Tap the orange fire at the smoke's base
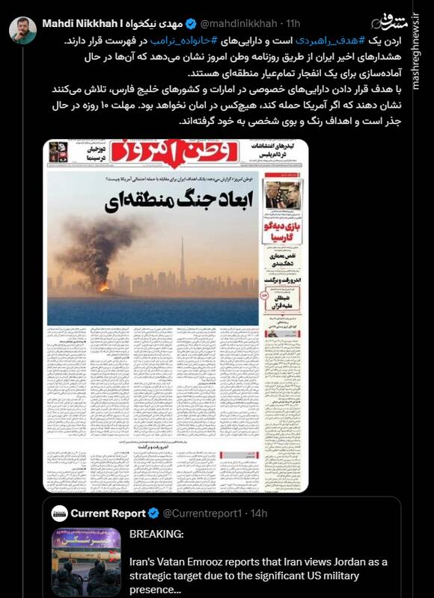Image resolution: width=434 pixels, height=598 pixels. (x=104, y=286)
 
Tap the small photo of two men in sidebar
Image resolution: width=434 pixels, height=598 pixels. (x=284, y=195)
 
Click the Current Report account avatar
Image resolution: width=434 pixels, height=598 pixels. (x=59, y=514)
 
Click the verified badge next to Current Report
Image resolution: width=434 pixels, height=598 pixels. (x=153, y=514)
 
